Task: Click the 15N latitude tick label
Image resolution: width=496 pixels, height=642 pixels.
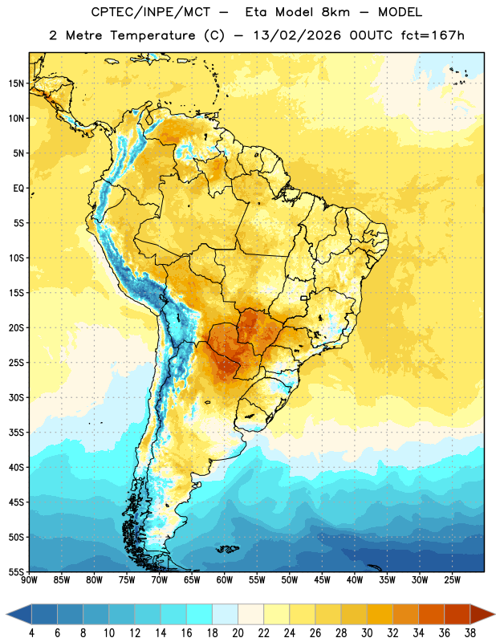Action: click(16, 83)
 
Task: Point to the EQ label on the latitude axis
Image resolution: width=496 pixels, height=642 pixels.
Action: click(18, 189)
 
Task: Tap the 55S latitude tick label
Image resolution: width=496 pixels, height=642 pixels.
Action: click(16, 571)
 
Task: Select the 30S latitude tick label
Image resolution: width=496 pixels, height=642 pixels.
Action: click(16, 397)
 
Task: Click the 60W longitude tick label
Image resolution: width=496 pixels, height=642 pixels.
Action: click(225, 580)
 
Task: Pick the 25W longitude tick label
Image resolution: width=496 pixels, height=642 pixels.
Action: click(452, 580)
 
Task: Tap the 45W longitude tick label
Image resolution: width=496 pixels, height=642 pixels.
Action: click(322, 580)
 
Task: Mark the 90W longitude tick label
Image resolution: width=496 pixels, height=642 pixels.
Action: click(30, 580)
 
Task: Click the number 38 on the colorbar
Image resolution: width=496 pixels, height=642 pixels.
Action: click(470, 633)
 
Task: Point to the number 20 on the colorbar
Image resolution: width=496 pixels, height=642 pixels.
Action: click(238, 633)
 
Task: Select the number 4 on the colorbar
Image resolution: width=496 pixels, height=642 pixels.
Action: click(31, 633)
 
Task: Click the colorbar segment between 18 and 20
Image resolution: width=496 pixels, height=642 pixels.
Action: click(226, 614)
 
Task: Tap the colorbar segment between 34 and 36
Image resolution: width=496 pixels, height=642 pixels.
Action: click(431, 614)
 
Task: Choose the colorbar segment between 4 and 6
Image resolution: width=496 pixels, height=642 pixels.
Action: click(45, 614)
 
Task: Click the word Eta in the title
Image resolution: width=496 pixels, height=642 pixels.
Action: click(256, 12)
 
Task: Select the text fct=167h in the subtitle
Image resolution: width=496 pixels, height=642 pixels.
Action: click(433, 35)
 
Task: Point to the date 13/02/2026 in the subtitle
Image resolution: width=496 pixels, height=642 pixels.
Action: click(297, 35)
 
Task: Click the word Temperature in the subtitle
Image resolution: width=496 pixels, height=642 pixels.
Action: click(152, 35)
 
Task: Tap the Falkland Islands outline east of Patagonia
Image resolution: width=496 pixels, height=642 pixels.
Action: click(227, 549)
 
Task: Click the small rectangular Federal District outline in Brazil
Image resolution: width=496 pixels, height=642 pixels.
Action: click(304, 298)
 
